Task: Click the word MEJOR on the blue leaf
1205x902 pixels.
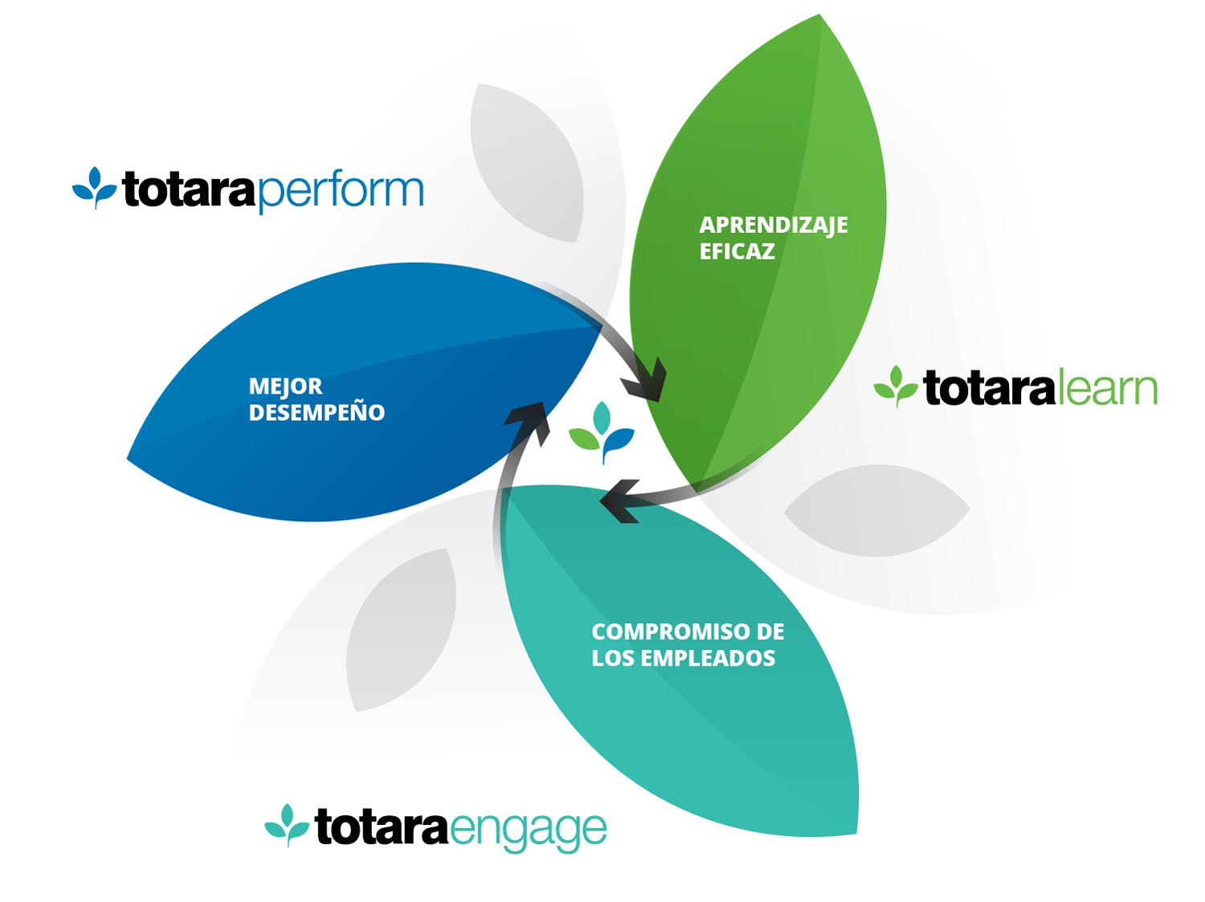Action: pyautogui.click(x=285, y=386)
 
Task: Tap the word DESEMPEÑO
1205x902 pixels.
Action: pyautogui.click(x=317, y=412)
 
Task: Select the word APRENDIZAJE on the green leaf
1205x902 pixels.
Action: pyautogui.click(x=774, y=226)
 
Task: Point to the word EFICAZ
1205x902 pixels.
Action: pyautogui.click(x=737, y=251)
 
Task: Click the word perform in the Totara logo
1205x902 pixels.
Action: pyautogui.click(x=340, y=192)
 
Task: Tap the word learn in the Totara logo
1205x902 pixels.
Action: pyautogui.click(x=1107, y=389)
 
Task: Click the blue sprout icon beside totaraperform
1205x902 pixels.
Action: pyautogui.click(x=95, y=188)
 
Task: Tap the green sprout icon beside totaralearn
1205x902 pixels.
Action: pyautogui.click(x=896, y=386)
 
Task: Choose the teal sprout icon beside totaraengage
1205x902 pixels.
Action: pyautogui.click(x=287, y=825)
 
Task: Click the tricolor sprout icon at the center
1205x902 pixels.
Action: pyautogui.click(x=602, y=432)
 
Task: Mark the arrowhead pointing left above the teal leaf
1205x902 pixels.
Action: pyautogui.click(x=620, y=501)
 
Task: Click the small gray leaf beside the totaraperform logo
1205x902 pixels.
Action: pyautogui.click(x=526, y=162)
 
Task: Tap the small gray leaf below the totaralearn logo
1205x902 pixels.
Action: pyautogui.click(x=876, y=510)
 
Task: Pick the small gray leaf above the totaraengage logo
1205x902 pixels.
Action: pyautogui.click(x=402, y=630)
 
